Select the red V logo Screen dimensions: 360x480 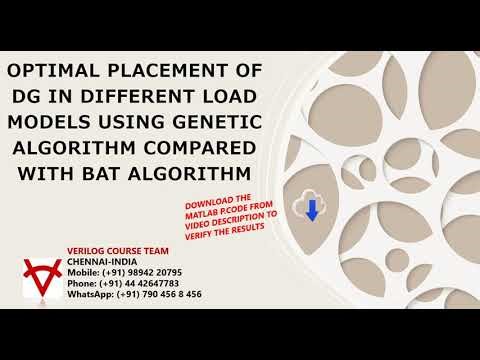[x=43, y=277]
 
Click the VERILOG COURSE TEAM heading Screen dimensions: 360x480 [x=118, y=249]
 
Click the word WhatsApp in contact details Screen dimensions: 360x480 [x=89, y=294]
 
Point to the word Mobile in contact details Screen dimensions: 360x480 [x=83, y=272]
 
